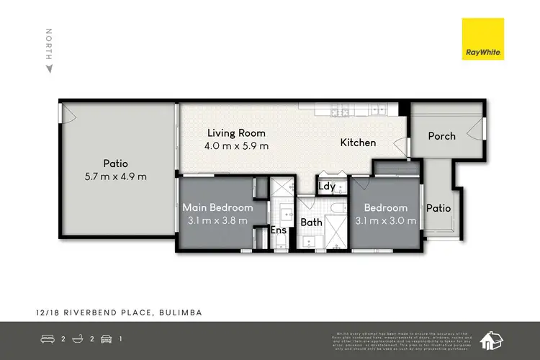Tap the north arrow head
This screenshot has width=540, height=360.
(49, 68)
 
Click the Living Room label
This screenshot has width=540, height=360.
(236, 133)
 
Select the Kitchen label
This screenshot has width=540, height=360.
(358, 143)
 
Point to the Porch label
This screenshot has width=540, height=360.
(441, 136)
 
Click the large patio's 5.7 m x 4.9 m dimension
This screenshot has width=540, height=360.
(115, 176)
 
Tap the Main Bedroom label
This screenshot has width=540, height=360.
(217, 208)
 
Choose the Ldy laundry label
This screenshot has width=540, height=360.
(327, 186)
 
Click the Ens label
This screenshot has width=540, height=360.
(279, 231)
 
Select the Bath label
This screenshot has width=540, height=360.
(311, 222)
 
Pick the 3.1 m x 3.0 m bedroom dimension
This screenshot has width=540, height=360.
(386, 220)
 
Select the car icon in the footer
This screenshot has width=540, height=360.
(106, 339)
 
